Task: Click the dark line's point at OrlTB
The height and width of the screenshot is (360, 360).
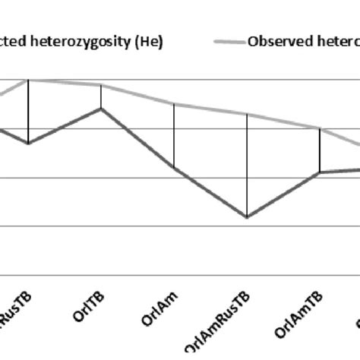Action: pos(102,109)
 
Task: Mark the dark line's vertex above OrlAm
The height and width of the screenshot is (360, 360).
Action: pos(175,168)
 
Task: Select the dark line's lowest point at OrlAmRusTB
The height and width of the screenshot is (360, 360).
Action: pos(247,217)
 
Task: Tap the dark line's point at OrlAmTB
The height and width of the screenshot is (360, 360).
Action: pos(320,172)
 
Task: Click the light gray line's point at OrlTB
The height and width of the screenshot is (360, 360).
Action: pos(102,85)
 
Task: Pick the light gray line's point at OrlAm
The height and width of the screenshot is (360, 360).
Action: pos(175,103)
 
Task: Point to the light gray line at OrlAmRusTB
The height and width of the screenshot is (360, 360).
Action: pos(247,115)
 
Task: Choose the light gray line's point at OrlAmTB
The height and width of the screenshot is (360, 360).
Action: pos(320,129)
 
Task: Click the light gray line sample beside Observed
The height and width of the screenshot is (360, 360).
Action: pos(227,41)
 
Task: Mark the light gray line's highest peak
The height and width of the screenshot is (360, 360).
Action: pos(29,79)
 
